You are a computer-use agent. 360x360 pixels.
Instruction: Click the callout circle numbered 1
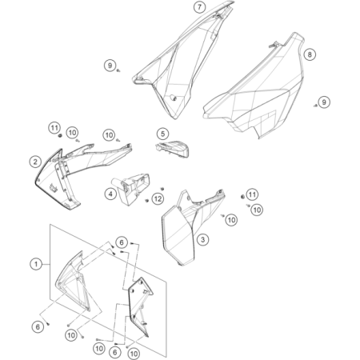[x=36, y=264]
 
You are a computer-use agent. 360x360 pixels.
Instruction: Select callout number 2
[x=35, y=162]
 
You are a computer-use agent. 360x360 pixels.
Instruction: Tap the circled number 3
[x=203, y=239]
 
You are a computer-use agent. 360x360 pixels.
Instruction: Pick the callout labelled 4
[x=110, y=194]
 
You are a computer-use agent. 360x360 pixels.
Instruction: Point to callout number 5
[x=163, y=134]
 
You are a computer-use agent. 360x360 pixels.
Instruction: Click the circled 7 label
[x=200, y=7]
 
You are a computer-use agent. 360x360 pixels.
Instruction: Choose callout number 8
[x=310, y=54]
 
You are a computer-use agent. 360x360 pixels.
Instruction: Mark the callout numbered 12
[x=158, y=198]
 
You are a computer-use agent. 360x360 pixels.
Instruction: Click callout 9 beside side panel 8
[x=324, y=102]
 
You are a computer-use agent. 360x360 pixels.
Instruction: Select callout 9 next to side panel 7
[x=110, y=66]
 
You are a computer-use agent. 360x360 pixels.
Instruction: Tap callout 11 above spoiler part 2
[x=54, y=128]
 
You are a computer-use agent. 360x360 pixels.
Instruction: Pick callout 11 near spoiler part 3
[x=252, y=194]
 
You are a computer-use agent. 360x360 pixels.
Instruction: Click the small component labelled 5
[x=172, y=149]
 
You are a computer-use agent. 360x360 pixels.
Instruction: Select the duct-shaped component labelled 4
[x=131, y=189]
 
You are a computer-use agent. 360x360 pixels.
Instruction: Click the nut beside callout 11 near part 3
[x=242, y=197]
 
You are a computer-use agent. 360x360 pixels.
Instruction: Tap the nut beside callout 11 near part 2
[x=60, y=136]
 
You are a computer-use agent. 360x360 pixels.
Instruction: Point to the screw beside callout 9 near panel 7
[x=118, y=70]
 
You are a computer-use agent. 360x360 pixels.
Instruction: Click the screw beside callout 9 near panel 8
[x=315, y=106]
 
